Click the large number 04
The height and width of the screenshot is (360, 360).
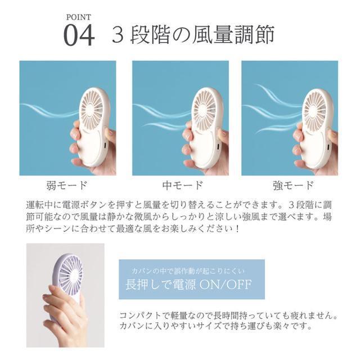79,35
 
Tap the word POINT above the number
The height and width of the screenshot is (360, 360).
79,17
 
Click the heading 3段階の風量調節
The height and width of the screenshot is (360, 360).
193,35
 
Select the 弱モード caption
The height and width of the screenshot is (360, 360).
67,185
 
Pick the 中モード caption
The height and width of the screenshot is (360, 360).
182,185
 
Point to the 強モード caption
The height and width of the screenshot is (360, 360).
293,185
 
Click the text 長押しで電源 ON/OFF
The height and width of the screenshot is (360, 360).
188,285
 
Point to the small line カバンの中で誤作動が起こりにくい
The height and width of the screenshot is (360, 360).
188,271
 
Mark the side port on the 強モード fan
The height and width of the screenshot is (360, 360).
328,146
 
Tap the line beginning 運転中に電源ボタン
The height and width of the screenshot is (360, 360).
179,205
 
